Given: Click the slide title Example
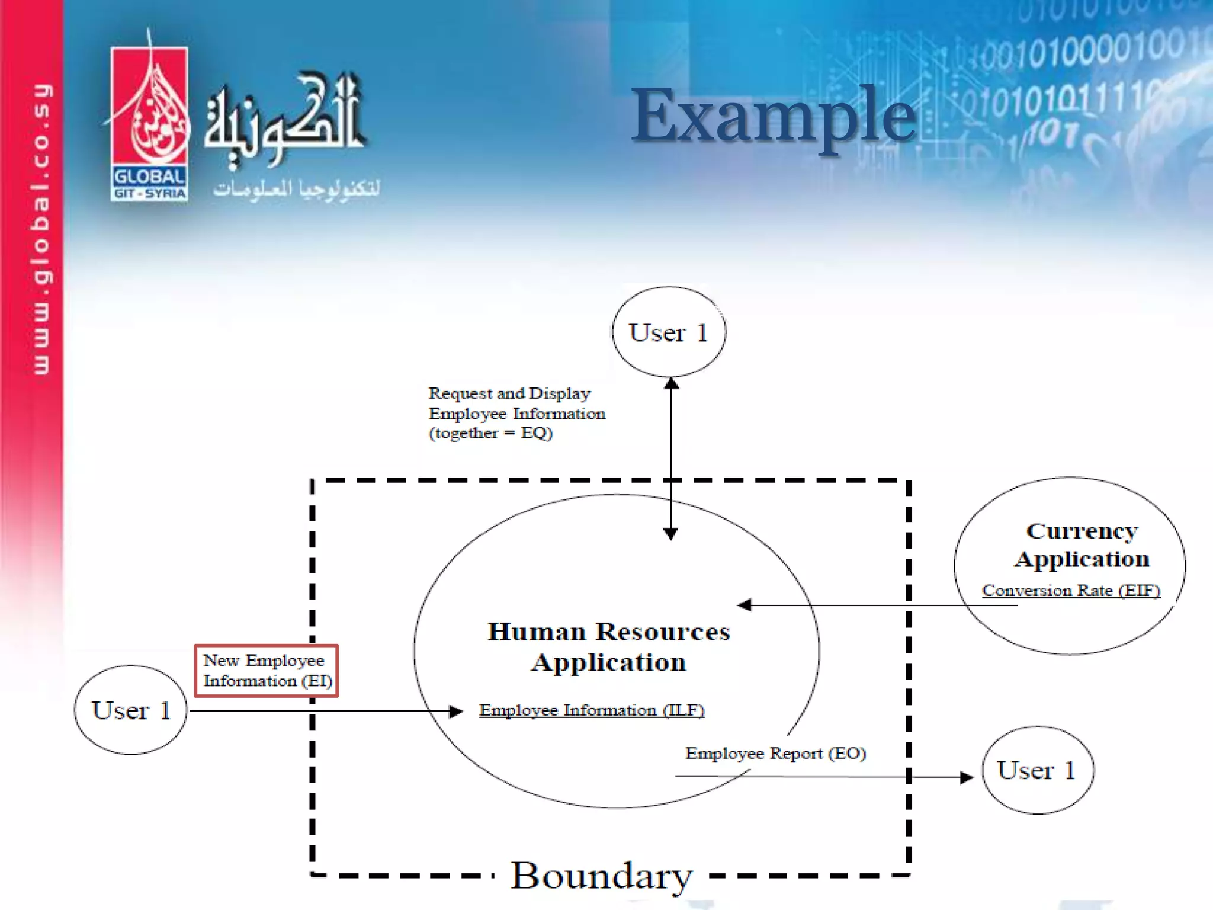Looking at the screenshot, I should [x=774, y=116].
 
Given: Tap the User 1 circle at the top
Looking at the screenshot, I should [x=669, y=332].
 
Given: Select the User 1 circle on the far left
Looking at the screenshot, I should [x=131, y=710].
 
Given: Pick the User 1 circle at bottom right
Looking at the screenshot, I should [x=1037, y=770].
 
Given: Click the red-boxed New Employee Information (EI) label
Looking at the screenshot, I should [x=267, y=671].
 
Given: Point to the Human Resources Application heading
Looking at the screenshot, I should [x=609, y=647].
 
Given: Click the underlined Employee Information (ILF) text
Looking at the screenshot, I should [x=591, y=710].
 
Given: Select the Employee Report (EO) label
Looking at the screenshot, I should [x=775, y=754].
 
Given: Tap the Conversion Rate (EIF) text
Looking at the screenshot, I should [x=1070, y=591].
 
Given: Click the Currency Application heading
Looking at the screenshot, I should [x=1082, y=545].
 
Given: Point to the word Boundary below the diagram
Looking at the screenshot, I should [x=601, y=875].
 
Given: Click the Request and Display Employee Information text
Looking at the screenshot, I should [x=516, y=413].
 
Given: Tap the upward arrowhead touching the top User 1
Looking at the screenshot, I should [x=671, y=383].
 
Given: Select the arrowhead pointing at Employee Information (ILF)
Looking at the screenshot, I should [x=456, y=711].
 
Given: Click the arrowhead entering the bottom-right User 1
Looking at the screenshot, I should [x=967, y=777].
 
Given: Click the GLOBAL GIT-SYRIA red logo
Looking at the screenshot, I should [x=149, y=124].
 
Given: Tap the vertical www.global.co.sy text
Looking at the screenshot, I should [x=41, y=228].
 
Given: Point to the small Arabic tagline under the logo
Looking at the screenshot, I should [x=296, y=189].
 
